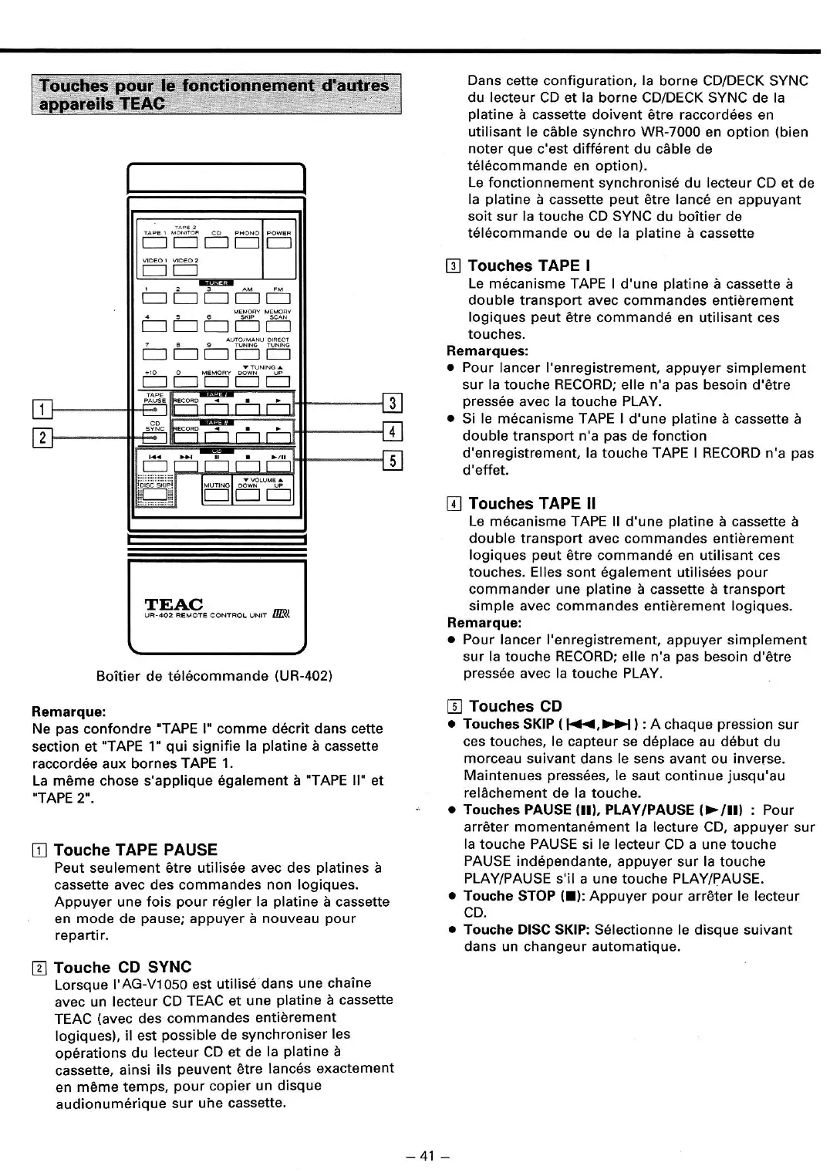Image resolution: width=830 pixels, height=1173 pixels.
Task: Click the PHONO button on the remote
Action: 247,244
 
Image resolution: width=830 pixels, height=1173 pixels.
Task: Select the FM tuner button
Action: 278,299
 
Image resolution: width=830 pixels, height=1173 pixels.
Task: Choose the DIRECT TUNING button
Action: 278,355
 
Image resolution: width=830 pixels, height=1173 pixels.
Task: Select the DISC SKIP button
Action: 155,494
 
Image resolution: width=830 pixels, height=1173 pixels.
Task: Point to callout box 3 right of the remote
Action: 393,402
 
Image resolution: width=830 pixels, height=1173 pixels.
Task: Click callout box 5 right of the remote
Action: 393,461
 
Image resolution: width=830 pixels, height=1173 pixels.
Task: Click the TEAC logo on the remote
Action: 174,603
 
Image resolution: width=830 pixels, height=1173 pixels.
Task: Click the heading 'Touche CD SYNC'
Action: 123,967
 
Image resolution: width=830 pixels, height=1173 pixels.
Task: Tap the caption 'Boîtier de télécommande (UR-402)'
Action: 214,676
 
